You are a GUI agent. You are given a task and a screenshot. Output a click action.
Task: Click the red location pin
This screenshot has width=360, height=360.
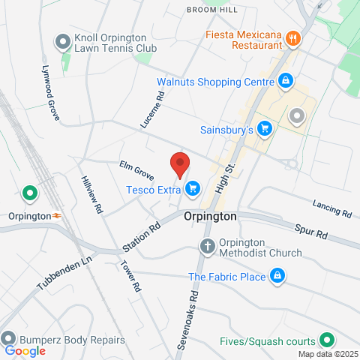178,163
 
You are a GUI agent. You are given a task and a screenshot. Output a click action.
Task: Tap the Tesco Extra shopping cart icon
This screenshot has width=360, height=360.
193,188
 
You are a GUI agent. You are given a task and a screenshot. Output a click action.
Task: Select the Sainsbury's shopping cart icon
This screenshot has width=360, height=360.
263,130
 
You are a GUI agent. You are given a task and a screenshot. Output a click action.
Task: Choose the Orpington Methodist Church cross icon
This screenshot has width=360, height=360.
208,246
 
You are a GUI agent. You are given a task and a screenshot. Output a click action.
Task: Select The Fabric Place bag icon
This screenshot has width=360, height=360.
277,277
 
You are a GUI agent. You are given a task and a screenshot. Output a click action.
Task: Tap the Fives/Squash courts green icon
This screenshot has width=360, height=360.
325,340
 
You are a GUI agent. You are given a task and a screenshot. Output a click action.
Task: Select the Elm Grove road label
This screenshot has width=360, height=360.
136,170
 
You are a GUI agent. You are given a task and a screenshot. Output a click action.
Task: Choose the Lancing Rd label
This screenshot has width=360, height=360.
331,208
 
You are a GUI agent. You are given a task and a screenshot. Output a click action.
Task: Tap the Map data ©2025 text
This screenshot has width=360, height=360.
328,354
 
